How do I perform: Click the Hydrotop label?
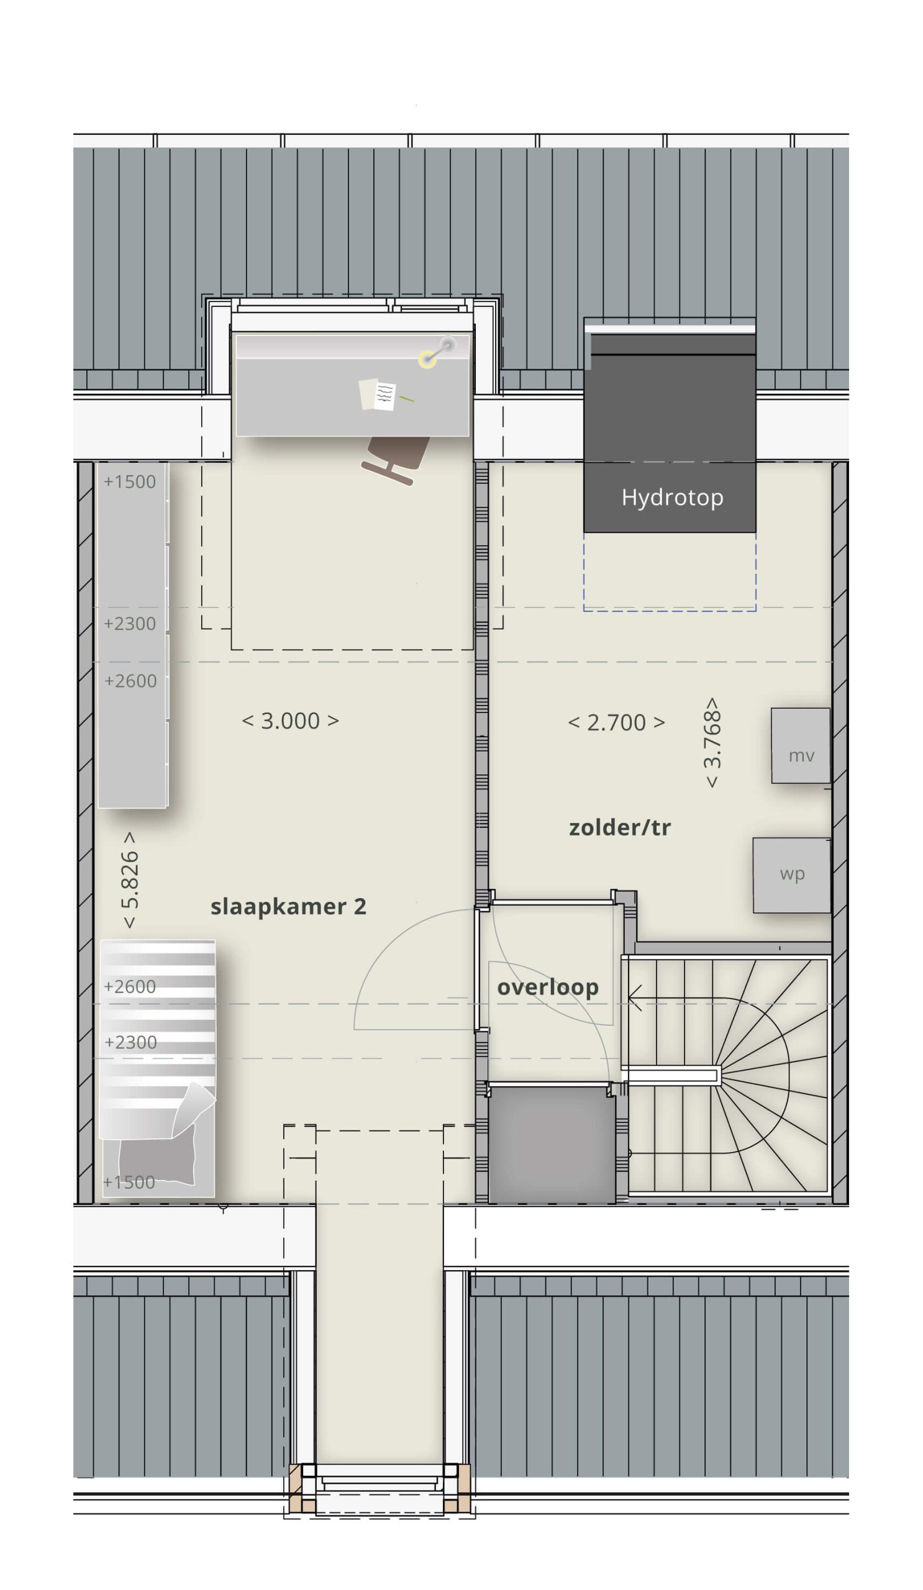pos(672,498)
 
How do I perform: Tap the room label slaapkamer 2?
pos(288,907)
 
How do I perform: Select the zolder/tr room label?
pos(619,827)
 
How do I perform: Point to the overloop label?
pos(548,988)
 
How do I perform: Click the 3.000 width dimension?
pos(290,720)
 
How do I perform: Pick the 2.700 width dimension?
pos(616,722)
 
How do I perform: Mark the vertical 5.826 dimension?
pos(129,879)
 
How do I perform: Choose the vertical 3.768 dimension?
pos(712,742)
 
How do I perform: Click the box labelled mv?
pos(801,746)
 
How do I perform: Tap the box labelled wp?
pos(792,875)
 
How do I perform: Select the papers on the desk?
pos(377,394)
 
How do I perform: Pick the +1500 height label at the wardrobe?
pos(129,482)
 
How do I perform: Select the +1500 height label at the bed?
pos(129,1183)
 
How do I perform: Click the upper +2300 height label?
pos(129,624)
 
